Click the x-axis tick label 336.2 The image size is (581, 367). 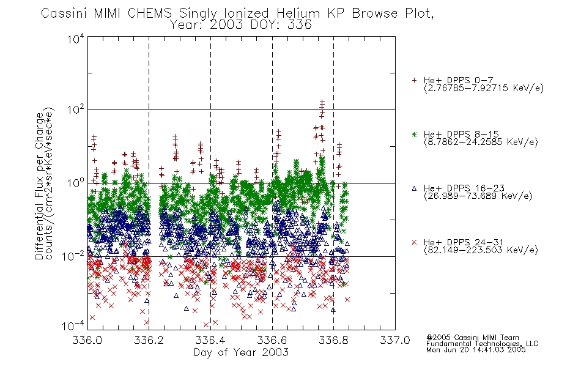coord(149,340)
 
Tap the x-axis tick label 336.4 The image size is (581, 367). coord(210,340)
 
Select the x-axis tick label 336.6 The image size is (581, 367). coord(272,340)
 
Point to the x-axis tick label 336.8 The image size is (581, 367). coord(333,340)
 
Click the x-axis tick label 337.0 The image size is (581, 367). coord(395,340)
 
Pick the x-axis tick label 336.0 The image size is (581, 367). coord(87,340)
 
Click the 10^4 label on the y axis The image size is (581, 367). coord(76,39)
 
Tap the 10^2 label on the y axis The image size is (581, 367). coord(76,109)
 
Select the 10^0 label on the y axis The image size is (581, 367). coord(76,183)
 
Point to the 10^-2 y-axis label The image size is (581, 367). coord(73,256)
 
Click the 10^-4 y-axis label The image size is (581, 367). coord(73,326)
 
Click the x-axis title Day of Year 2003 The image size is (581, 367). coord(241,352)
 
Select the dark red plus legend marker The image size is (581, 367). coord(414,80)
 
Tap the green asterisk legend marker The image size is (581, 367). coord(414,134)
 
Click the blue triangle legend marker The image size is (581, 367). coord(414,188)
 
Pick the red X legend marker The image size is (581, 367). coord(414,242)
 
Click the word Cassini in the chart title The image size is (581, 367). coord(64,13)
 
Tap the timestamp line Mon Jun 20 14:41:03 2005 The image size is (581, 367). coord(476,350)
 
